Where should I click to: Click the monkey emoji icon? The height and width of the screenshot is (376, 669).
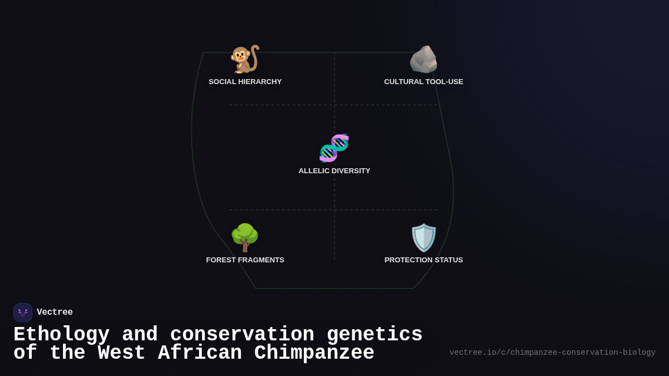coord(244,59)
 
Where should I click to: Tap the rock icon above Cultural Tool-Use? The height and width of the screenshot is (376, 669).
coord(424,59)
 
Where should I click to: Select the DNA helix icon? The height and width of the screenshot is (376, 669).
coord(334,148)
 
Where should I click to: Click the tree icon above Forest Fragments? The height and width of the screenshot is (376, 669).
coord(245,237)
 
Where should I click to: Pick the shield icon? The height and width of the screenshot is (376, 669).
coord(424,237)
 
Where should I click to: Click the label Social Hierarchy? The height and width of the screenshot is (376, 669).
coord(245,82)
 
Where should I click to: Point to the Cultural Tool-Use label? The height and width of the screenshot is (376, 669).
coord(424,82)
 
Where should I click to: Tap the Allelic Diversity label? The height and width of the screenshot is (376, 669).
coord(334,171)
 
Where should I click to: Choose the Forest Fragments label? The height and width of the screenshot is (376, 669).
coord(245,260)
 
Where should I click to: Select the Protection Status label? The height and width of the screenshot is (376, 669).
coord(424,260)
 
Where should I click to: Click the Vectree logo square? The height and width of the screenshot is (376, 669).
coord(23,312)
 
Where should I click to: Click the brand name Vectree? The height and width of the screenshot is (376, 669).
coord(55,312)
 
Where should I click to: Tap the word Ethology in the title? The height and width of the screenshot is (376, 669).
coord(61,335)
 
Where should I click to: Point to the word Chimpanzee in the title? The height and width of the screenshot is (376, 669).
coord(314,353)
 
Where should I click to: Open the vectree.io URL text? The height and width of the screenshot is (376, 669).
coord(552,353)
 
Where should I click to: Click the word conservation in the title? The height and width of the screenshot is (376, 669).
coord(242,335)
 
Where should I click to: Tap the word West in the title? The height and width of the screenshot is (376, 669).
coord(122,353)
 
